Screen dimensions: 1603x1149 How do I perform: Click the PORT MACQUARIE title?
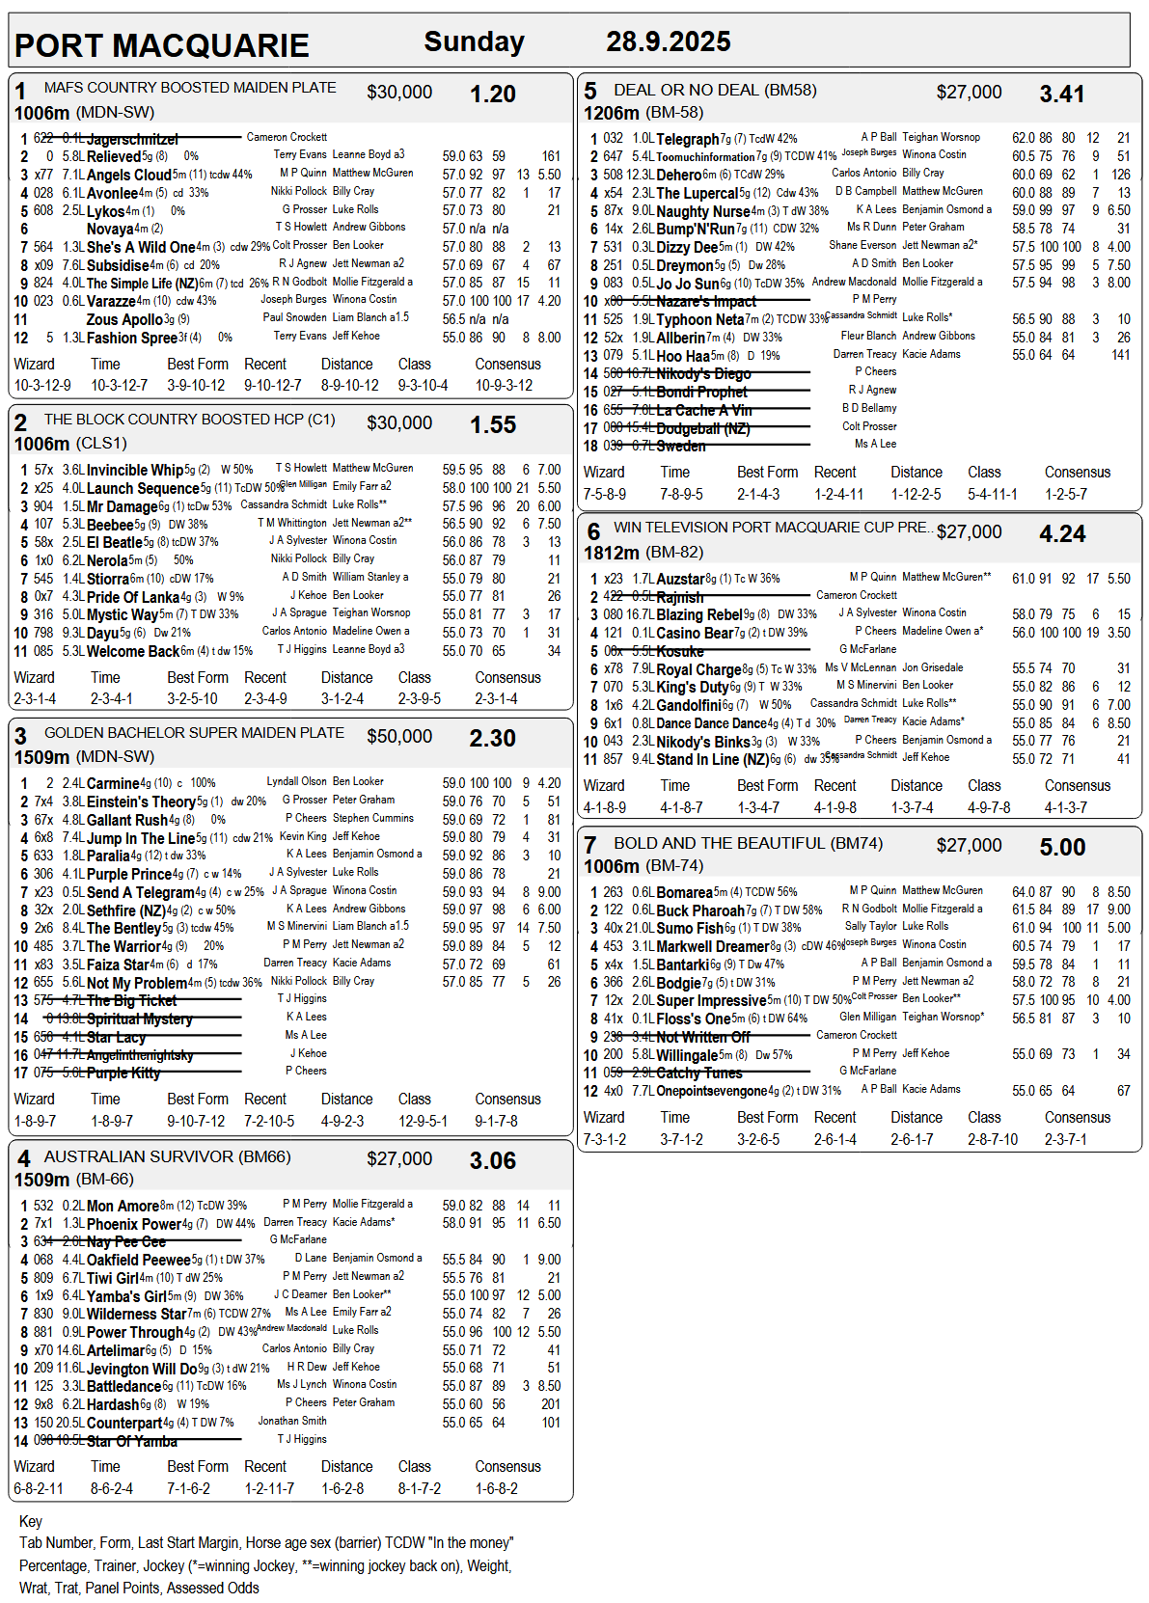[161, 45]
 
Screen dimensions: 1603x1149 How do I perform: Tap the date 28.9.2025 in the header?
[668, 41]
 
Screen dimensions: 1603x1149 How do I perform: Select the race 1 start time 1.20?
[492, 95]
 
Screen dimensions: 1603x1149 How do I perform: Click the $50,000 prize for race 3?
[399, 737]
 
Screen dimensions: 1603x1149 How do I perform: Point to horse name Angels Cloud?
[129, 175]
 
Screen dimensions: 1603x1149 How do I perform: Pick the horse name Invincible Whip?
[135, 470]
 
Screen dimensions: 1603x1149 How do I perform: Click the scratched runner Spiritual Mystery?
[139, 1019]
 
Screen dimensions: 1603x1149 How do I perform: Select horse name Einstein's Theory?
[141, 801]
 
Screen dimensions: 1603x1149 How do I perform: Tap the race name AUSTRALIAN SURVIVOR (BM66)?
[167, 1156]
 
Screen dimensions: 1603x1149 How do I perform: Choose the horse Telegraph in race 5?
[688, 139]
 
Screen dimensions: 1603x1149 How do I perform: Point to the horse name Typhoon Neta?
[700, 319]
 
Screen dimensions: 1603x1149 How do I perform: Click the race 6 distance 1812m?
[611, 553]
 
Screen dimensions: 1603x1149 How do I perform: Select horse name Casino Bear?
[695, 633]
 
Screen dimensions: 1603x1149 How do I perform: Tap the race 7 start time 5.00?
[1062, 848]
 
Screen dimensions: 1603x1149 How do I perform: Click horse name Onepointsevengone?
[712, 1091]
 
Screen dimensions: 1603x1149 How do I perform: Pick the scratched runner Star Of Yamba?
[131, 1442]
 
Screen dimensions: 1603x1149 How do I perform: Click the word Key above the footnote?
[31, 1521]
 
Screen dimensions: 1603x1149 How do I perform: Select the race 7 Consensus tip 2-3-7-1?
[1065, 1139]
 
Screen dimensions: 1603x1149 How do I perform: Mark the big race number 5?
[590, 92]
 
